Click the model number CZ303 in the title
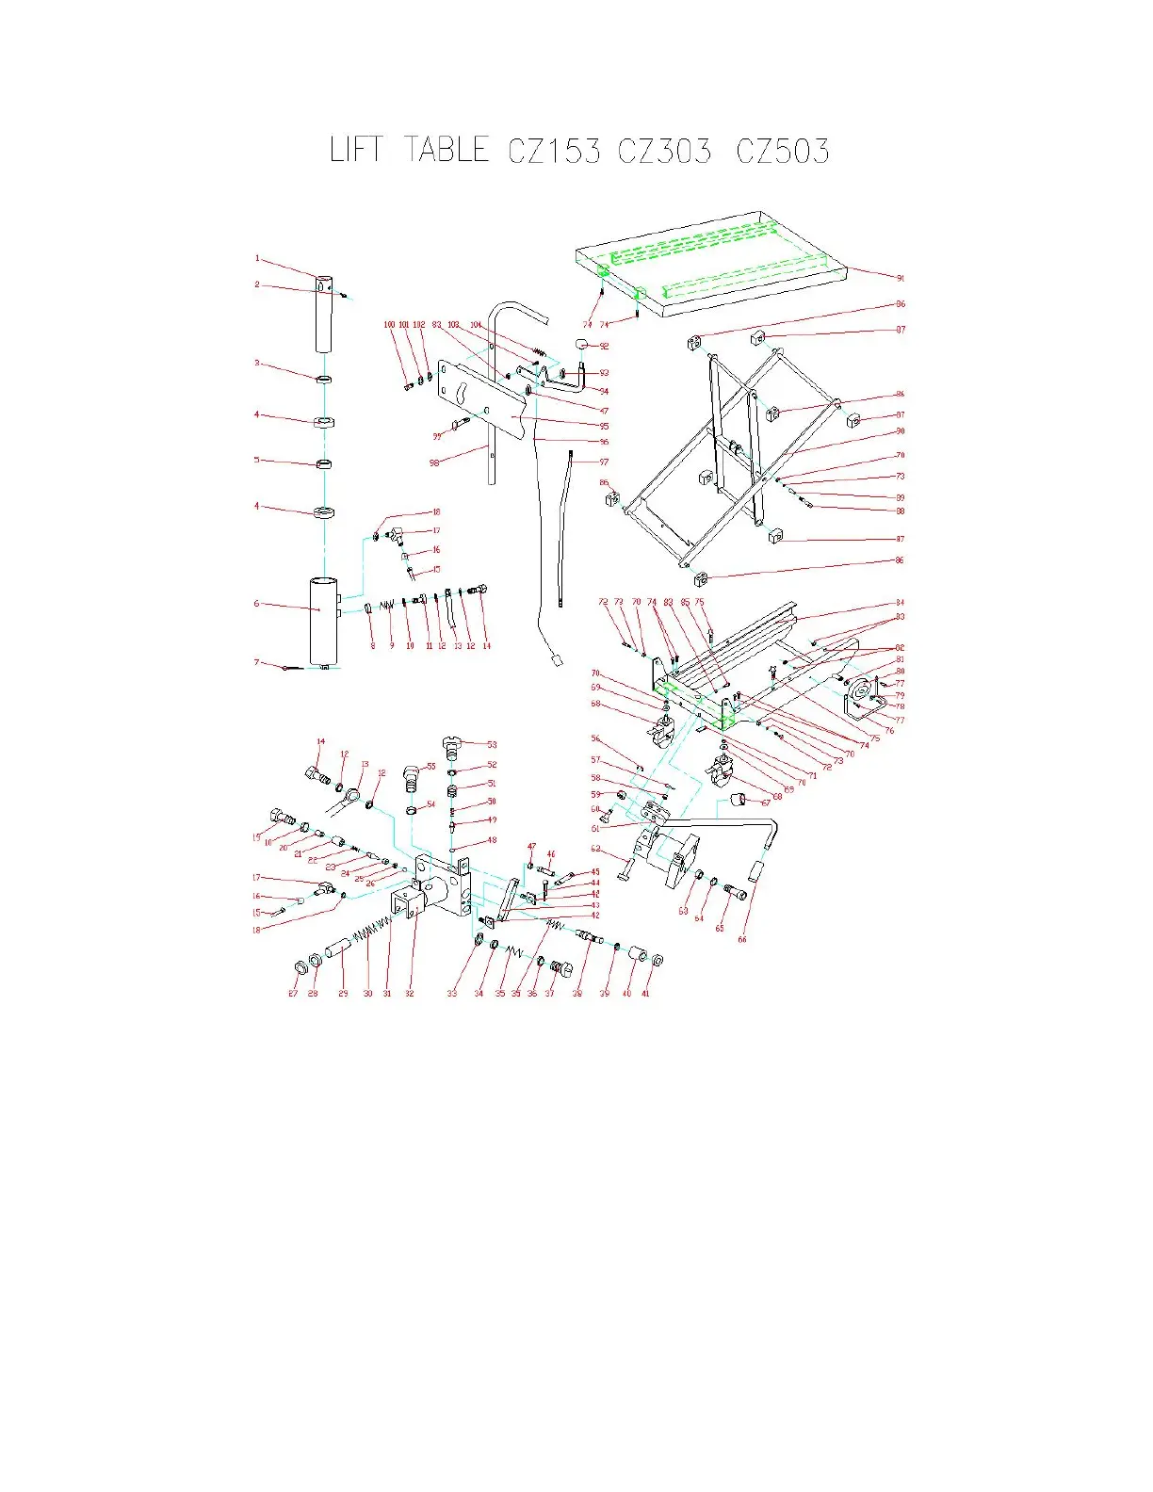point(664,151)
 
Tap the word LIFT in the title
point(356,150)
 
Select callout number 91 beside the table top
point(900,278)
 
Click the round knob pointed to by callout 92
point(583,344)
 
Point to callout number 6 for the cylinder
point(256,604)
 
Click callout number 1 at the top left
point(256,259)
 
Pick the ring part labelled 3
point(323,379)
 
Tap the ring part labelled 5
point(323,463)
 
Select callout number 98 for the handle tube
point(434,462)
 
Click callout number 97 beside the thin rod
point(604,462)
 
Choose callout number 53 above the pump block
point(492,745)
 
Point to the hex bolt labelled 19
point(279,816)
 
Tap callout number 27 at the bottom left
point(293,994)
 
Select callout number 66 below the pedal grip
point(742,939)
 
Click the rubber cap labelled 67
point(740,802)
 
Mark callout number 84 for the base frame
point(900,603)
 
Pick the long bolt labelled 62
point(627,867)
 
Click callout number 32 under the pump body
point(410,994)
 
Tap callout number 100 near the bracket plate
point(389,325)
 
